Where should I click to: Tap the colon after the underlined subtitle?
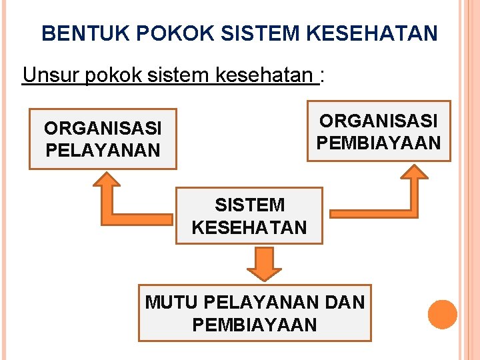(322, 75)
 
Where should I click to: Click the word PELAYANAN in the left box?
(103, 150)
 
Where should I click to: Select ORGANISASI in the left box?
(103, 127)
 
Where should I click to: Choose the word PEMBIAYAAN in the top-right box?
(379, 143)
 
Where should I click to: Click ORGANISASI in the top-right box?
(379, 121)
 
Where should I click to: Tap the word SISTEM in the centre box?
(249, 205)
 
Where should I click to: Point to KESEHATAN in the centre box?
(249, 227)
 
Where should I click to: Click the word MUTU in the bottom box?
(171, 302)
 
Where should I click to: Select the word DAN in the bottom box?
(347, 302)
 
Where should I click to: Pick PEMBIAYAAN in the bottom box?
(254, 325)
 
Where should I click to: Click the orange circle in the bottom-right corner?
(443, 315)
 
